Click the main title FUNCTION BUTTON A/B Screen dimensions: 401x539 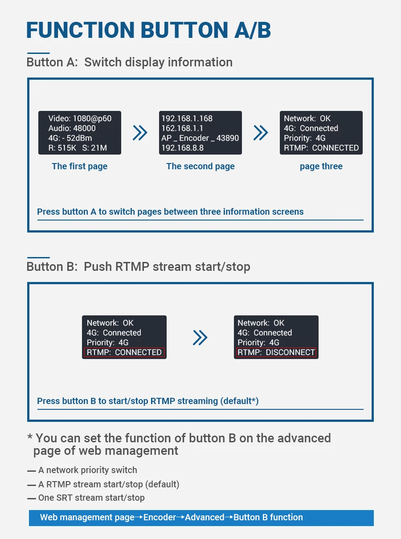(x=148, y=30)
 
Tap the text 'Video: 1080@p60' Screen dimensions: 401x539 (x=80, y=118)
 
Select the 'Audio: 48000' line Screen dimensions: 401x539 (x=72, y=128)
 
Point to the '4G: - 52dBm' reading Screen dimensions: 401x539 (x=72, y=138)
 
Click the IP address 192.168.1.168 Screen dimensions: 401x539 (x=187, y=118)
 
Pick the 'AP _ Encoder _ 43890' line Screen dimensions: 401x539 (x=200, y=138)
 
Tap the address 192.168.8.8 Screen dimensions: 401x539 (x=182, y=148)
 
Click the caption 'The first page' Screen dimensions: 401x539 (x=79, y=166)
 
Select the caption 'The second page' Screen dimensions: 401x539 (x=200, y=166)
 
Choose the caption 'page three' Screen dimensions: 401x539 (x=321, y=166)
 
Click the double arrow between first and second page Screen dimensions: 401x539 (x=140, y=132)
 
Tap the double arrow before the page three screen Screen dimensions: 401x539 (x=261, y=132)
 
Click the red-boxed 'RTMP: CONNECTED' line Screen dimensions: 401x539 (x=124, y=352)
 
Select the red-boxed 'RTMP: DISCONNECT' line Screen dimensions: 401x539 (x=276, y=352)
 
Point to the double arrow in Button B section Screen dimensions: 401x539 (x=200, y=338)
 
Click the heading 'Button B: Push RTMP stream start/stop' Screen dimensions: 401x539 (x=138, y=267)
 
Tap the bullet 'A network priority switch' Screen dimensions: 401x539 (x=87, y=470)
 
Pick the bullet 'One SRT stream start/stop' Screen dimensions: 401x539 (x=91, y=498)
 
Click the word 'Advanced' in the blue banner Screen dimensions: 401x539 (x=205, y=517)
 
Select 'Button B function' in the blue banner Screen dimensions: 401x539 (x=268, y=517)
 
